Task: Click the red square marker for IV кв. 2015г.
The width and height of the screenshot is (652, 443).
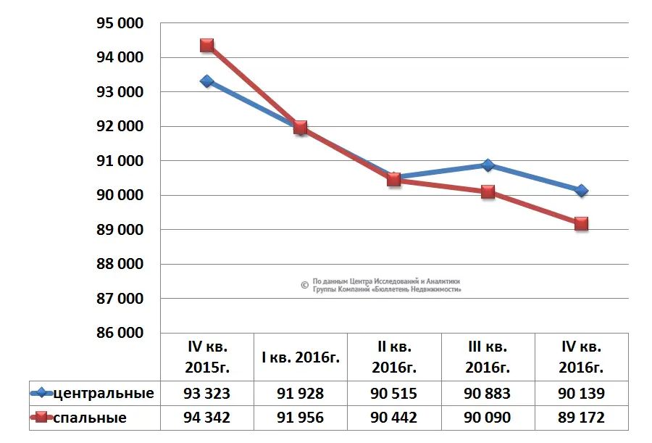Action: pos(207,46)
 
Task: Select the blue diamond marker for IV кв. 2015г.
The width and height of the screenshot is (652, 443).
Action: pos(207,81)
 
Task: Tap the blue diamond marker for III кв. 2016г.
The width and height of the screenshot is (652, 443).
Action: pos(488,165)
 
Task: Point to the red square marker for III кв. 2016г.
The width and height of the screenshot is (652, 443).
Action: pos(488,192)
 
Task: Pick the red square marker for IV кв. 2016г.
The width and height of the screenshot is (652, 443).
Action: pos(581,224)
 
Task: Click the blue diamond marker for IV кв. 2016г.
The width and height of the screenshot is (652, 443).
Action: pos(581,191)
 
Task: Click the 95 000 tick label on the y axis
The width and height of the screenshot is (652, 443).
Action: pos(120,23)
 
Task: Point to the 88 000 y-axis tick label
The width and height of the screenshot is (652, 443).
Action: pos(120,264)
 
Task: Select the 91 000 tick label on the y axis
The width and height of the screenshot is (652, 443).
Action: pos(120,161)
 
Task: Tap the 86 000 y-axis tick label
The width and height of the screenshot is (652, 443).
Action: pos(120,333)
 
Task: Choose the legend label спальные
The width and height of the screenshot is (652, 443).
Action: pos(91,418)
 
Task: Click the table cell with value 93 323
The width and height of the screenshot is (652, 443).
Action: pos(207,394)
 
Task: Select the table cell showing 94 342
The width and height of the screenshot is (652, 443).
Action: pos(207,418)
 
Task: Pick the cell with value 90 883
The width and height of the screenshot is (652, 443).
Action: pos(488,394)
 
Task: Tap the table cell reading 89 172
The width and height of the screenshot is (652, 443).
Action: pos(581,418)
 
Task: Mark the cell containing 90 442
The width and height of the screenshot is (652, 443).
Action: pos(394,418)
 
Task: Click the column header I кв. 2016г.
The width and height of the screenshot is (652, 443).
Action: pos(301,357)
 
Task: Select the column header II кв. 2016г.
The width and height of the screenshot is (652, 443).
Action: pos(394,357)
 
